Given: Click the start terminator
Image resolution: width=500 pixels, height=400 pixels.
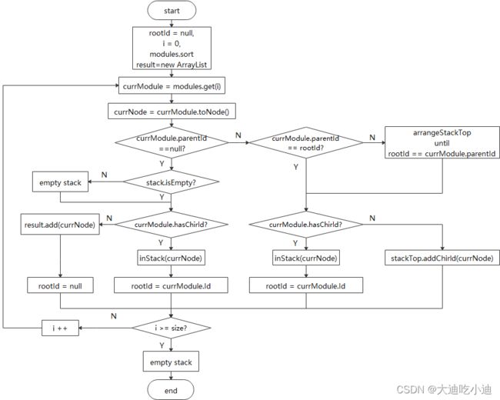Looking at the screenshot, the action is pyautogui.click(x=172, y=11).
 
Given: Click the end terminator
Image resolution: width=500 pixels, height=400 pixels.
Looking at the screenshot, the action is pyautogui.click(x=171, y=390).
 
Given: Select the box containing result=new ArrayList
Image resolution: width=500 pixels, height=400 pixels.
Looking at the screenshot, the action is pyautogui.click(x=172, y=48).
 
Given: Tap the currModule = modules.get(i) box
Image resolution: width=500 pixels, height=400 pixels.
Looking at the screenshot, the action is pyautogui.click(x=172, y=85).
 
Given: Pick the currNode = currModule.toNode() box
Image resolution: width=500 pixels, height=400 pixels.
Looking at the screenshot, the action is pyautogui.click(x=172, y=111).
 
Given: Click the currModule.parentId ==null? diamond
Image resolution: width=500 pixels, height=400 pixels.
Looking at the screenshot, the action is pyautogui.click(x=172, y=142).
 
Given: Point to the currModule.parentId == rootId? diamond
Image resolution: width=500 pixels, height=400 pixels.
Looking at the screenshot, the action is pyautogui.click(x=306, y=142).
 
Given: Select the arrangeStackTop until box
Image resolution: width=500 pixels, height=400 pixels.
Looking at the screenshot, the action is pyautogui.click(x=442, y=142).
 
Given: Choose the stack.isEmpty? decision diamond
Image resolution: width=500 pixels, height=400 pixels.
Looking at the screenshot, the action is pyautogui.click(x=171, y=182).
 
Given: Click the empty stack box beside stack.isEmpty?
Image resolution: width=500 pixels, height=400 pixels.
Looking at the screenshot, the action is pyautogui.click(x=60, y=182).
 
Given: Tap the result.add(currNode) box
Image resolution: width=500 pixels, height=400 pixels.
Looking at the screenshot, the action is pyautogui.click(x=60, y=225).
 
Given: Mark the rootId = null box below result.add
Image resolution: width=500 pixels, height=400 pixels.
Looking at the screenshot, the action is pyautogui.click(x=60, y=285).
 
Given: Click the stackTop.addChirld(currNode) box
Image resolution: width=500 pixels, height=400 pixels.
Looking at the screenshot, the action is pyautogui.click(x=442, y=258).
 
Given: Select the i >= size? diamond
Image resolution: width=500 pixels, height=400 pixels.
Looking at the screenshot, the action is pyautogui.click(x=172, y=328).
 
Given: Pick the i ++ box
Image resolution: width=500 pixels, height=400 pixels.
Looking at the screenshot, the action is pyautogui.click(x=60, y=328).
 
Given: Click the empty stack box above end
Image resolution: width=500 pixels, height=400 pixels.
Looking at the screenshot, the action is pyautogui.click(x=171, y=362).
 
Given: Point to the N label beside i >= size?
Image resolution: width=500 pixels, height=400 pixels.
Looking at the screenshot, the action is pyautogui.click(x=114, y=316).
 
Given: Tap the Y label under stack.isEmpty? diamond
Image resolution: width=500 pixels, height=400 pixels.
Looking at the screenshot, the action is pyautogui.click(x=162, y=197).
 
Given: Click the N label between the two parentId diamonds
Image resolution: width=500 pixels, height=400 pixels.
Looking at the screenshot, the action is pyautogui.click(x=238, y=135).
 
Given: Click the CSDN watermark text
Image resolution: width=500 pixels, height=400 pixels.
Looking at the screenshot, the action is pyautogui.click(x=444, y=389).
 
